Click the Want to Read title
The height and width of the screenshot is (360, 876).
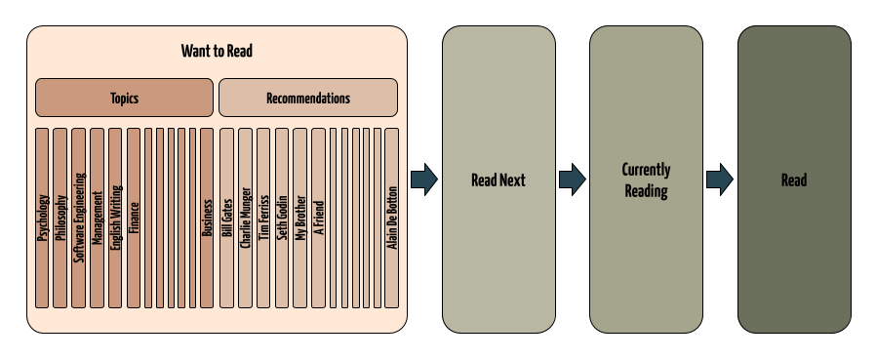[217, 51]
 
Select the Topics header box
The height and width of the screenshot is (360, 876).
[124, 98]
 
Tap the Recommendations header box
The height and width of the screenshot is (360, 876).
[307, 98]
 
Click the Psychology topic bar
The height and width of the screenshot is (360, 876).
[42, 217]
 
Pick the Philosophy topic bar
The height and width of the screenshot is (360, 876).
[60, 217]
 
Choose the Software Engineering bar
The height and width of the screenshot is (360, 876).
[79, 217]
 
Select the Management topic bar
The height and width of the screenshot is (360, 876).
[97, 217]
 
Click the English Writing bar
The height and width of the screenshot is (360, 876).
[115, 217]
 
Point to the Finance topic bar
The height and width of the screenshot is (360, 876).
[134, 217]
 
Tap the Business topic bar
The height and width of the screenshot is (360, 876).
[207, 217]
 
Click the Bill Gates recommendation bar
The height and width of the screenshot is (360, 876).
[226, 217]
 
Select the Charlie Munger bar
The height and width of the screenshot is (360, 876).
[245, 217]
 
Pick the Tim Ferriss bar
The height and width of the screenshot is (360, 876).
[263, 217]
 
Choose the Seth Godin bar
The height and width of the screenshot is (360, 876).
[282, 217]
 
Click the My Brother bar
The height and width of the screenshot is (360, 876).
[300, 217]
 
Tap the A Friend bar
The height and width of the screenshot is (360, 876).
[318, 217]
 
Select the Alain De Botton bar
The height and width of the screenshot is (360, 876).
[392, 217]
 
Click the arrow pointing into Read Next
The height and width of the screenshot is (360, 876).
[424, 180]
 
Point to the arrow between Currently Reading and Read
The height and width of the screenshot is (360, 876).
[720, 180]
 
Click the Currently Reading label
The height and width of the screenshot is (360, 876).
[646, 180]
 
